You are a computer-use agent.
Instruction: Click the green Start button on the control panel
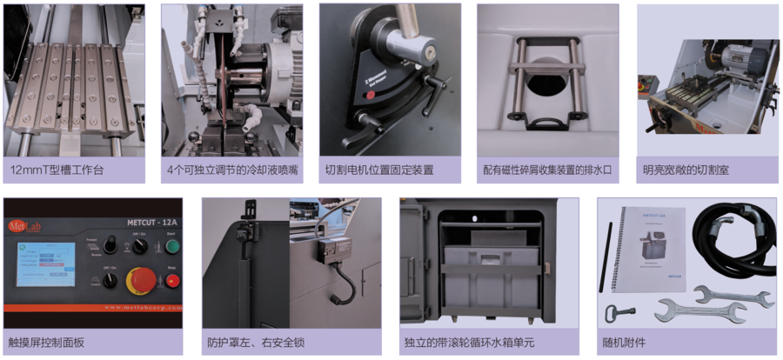tap(171, 245)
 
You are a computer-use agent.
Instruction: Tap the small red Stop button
tap(171, 281)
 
